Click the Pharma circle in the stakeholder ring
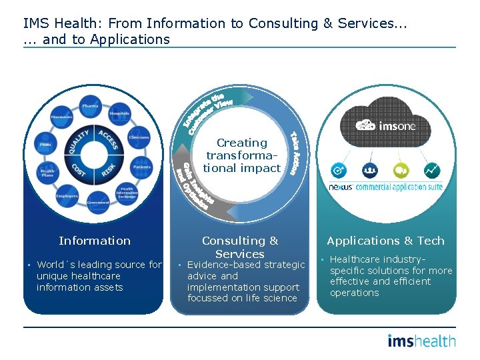pyautogui.click(x=90, y=106)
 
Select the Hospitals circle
pyautogui.click(x=119, y=113)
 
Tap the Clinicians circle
pyautogui.click(x=139, y=137)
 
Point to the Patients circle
pyautogui.click(x=141, y=167)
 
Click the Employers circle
pyautogui.click(x=67, y=196)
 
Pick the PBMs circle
pyautogui.click(x=45, y=144)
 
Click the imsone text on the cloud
pyautogui.click(x=397, y=125)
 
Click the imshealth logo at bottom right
pyautogui.click(x=421, y=341)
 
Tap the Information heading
pyautogui.click(x=95, y=241)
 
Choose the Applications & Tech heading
pyautogui.click(x=385, y=241)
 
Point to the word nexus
pyautogui.click(x=340, y=187)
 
